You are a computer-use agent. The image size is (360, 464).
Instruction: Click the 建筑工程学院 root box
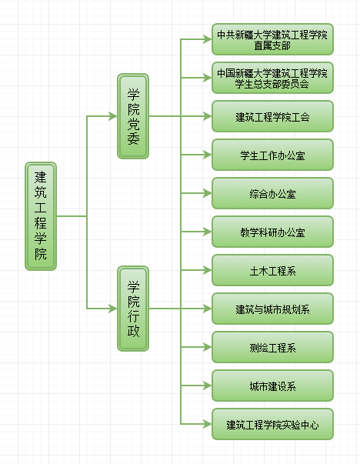pyautogui.click(x=41, y=216)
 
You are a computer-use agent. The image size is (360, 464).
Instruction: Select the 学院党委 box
pyautogui.click(x=133, y=116)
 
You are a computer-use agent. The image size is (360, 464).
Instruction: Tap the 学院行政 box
pyautogui.click(x=133, y=309)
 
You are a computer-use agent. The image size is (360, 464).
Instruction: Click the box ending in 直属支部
pyautogui.click(x=272, y=39)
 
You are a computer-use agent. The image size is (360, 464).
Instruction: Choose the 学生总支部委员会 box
pyautogui.click(x=272, y=78)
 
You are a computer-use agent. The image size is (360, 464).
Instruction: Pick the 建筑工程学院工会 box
pyautogui.click(x=272, y=116)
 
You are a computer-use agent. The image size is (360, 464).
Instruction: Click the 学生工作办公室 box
pyautogui.click(x=272, y=155)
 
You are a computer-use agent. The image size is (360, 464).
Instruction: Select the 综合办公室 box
pyautogui.click(x=272, y=193)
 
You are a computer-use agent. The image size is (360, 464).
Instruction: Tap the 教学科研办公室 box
pyautogui.click(x=272, y=232)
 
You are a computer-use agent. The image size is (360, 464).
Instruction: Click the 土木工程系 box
pyautogui.click(x=272, y=270)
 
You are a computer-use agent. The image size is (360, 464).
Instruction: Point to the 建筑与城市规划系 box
pyautogui.click(x=272, y=309)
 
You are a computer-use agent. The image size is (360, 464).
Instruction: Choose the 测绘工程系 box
pyautogui.click(x=272, y=347)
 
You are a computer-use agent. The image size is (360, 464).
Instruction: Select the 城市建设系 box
pyautogui.click(x=272, y=386)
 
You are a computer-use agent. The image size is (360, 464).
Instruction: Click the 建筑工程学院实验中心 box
pyautogui.click(x=272, y=424)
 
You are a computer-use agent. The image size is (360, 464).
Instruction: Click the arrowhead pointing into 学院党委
pyautogui.click(x=113, y=116)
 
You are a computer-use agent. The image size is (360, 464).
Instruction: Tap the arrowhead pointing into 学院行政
pyautogui.click(x=113, y=309)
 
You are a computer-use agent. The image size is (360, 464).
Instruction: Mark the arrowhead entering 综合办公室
pyautogui.click(x=208, y=193)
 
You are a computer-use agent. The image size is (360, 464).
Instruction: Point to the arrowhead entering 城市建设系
pyautogui.click(x=208, y=386)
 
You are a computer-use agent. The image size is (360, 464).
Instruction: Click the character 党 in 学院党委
pyautogui.click(x=133, y=125)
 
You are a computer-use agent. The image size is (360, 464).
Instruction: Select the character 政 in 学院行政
pyautogui.click(x=133, y=331)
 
